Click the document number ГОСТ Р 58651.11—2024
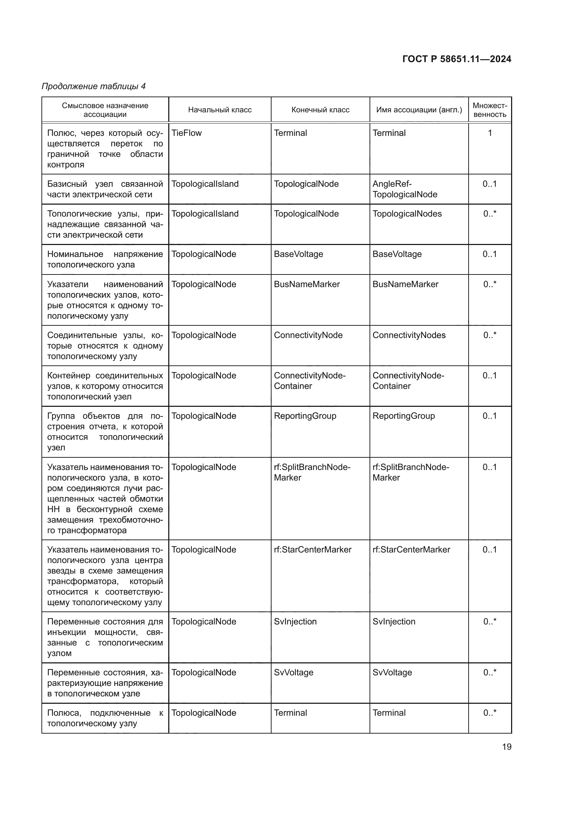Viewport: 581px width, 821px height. pyautogui.click(x=457, y=59)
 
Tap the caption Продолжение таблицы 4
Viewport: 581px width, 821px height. pyautogui.click(x=94, y=86)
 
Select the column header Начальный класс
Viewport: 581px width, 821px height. pyautogui.click(x=220, y=110)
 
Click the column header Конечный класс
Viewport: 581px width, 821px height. pyautogui.click(x=320, y=110)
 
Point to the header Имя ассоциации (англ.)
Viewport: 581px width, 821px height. pyautogui.click(x=419, y=110)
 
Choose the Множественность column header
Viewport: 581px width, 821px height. pyautogui.click(x=490, y=110)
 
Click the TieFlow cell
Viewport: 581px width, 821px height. pyautogui.click(x=187, y=133)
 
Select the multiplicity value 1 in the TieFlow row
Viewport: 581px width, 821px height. pyautogui.click(x=490, y=133)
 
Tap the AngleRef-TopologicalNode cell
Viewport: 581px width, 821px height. pyautogui.click(x=405, y=189)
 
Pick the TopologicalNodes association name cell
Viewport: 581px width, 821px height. pyautogui.click(x=407, y=214)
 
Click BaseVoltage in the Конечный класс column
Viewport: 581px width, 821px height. pyautogui.click(x=298, y=254)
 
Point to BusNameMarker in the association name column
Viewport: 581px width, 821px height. pyautogui.click(x=405, y=284)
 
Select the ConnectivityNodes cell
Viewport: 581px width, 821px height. pyautogui.click(x=409, y=336)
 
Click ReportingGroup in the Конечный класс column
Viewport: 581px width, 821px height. pyautogui.click(x=305, y=416)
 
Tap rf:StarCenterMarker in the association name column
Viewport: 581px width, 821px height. pyautogui.click(x=411, y=550)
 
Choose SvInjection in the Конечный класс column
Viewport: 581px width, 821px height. pyautogui.click(x=295, y=622)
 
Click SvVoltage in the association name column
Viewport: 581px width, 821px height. pyautogui.click(x=392, y=672)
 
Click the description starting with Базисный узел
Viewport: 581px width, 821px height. pyautogui.click(x=105, y=189)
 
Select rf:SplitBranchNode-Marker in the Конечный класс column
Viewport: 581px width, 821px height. pyautogui.click(x=312, y=472)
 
